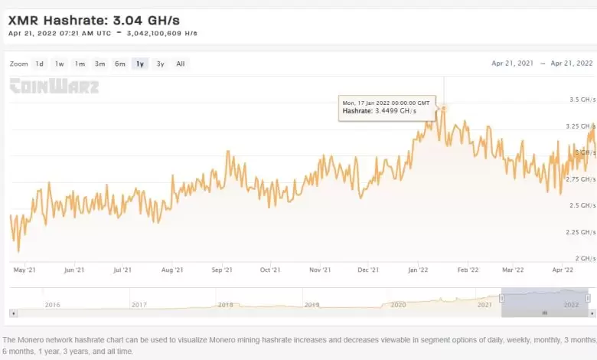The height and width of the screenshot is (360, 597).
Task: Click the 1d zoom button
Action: [x=40, y=64]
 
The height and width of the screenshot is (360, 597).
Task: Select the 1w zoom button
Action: [x=60, y=64]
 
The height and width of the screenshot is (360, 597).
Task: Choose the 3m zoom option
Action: [x=99, y=64]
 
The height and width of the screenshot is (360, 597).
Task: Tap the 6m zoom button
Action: [x=119, y=64]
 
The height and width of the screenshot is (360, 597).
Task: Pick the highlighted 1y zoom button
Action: [x=139, y=64]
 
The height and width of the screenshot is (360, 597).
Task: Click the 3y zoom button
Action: [x=159, y=64]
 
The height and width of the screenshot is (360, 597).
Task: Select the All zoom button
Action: [x=180, y=64]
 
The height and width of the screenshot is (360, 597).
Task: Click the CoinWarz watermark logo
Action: [x=54, y=86]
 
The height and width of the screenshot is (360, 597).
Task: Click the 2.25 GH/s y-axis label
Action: [x=581, y=232]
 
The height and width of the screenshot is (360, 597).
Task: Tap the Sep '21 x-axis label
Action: [x=222, y=270]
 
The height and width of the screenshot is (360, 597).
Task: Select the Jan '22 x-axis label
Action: [x=418, y=270]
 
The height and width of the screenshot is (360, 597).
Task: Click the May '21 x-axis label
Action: [x=25, y=270]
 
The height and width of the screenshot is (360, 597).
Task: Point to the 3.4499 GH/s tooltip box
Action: [x=386, y=106]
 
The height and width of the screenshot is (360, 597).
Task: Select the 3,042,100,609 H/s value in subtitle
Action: [x=163, y=34]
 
